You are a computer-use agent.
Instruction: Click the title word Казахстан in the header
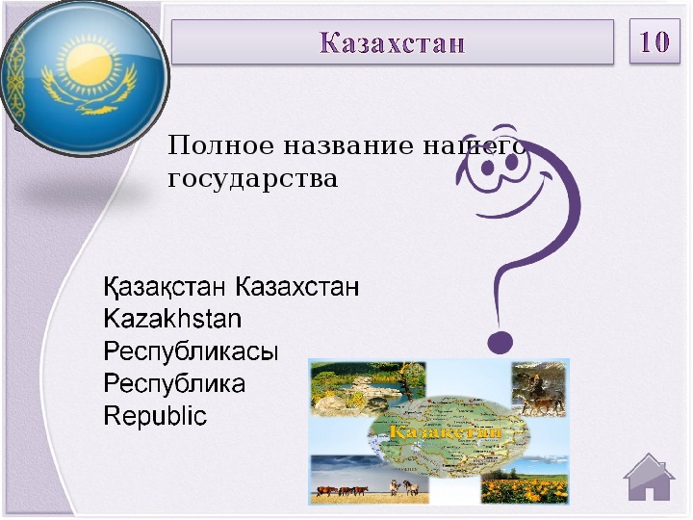pyautogui.click(x=392, y=42)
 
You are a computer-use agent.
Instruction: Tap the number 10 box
pyautogui.click(x=654, y=41)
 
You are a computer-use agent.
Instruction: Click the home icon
pyautogui.click(x=649, y=478)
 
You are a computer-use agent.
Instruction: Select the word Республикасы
pyautogui.click(x=191, y=351)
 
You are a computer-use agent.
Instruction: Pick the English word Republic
pyautogui.click(x=155, y=416)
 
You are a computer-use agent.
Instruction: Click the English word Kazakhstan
pyautogui.click(x=173, y=319)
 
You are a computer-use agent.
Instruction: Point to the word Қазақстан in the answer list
pyautogui.click(x=165, y=287)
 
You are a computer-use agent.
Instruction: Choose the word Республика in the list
pyautogui.click(x=174, y=383)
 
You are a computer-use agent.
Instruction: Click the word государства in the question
pyautogui.click(x=253, y=179)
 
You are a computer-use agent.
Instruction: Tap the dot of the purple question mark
pyautogui.click(x=500, y=342)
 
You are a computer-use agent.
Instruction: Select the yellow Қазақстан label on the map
pyautogui.click(x=446, y=431)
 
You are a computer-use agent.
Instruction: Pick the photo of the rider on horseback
pyautogui.click(x=539, y=389)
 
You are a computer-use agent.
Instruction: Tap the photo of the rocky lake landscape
pyautogui.click(x=368, y=388)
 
